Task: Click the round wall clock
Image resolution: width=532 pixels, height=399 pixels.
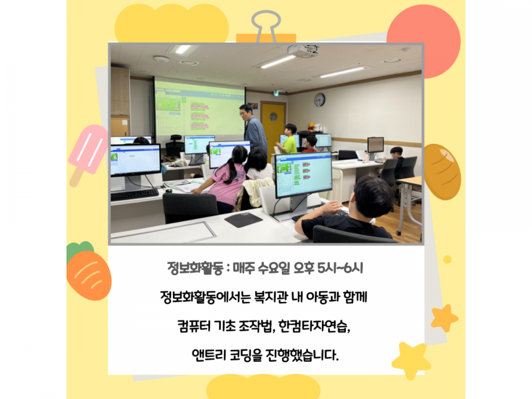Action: tap(320, 100)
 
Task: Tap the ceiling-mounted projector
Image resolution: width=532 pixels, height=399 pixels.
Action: tap(303, 51)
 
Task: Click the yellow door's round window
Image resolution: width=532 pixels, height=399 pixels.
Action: tap(273, 117)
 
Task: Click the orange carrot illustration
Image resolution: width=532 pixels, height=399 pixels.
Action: tap(88, 271)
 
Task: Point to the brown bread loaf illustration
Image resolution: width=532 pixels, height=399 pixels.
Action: tap(442, 172)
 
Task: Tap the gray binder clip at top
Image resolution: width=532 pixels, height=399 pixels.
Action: tap(265, 26)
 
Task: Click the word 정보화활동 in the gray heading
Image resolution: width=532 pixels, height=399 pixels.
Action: tap(195, 268)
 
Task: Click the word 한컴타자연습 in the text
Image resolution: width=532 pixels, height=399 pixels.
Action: tap(313, 327)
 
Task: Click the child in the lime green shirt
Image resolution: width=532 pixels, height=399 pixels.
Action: tap(289, 140)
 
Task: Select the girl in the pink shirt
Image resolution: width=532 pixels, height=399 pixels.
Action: tap(227, 178)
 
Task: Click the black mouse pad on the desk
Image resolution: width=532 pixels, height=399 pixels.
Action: tap(243, 220)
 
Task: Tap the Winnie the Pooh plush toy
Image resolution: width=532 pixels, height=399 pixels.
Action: tap(311, 127)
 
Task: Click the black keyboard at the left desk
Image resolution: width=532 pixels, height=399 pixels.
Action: tap(135, 195)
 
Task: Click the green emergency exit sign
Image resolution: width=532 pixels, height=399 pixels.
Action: tap(277, 93)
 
